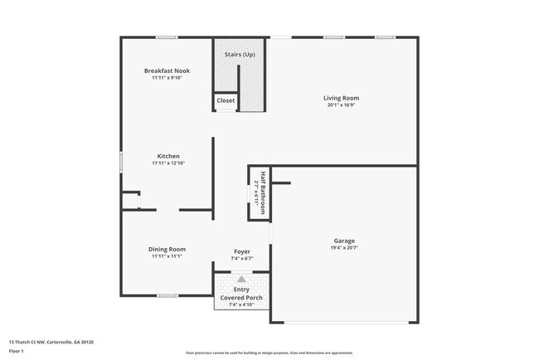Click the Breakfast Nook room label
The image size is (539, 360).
(x=167, y=71)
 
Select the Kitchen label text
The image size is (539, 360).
(x=168, y=156)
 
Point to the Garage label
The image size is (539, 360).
(x=344, y=241)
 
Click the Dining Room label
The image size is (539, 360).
(x=167, y=249)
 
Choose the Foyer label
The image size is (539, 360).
(x=241, y=251)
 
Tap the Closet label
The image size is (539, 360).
(x=226, y=100)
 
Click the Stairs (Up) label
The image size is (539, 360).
(x=240, y=55)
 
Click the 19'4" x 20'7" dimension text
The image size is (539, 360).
(x=344, y=248)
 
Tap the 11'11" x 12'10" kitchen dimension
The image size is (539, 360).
(x=168, y=163)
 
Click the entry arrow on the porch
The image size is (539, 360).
(x=241, y=280)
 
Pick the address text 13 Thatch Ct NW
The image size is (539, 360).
(x=51, y=342)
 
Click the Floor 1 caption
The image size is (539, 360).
(x=17, y=351)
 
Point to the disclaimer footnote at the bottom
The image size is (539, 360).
(x=269, y=353)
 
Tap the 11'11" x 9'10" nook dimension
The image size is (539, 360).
(x=167, y=78)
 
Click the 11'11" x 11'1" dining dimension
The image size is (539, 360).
(x=167, y=256)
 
